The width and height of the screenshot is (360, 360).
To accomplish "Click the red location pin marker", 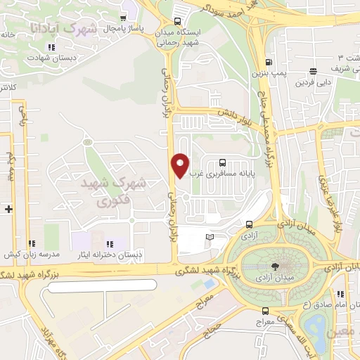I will (x=181, y=165).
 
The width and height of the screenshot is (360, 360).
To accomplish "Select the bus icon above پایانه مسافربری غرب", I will (x=224, y=160).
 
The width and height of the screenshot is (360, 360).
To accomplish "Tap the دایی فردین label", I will (x=311, y=83).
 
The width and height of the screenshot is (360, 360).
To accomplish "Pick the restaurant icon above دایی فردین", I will (x=312, y=70).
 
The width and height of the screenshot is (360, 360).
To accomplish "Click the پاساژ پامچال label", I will (x=124, y=29).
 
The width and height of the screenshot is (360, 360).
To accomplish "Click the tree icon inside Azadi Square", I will (x=274, y=266).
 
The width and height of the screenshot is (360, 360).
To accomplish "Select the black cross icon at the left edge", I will (x=8, y=209).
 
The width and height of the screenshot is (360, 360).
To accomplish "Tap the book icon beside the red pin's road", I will (x=209, y=237).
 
